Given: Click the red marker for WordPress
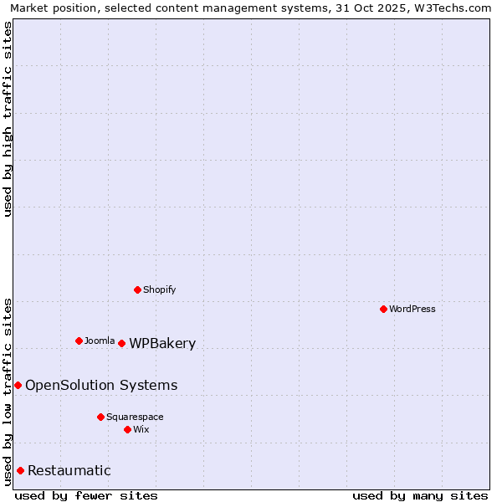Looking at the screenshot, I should [x=383, y=309].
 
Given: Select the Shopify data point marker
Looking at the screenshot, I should [x=137, y=289].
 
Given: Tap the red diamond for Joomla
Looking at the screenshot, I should [x=79, y=341].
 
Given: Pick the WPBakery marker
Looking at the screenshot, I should [x=121, y=343].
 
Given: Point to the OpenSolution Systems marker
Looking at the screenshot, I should [x=18, y=385].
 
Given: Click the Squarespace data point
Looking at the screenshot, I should [x=100, y=417].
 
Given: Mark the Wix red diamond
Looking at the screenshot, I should [x=127, y=429].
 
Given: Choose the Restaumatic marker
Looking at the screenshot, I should [x=20, y=470].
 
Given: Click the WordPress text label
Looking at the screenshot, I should [x=412, y=309].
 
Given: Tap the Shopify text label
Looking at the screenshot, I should [x=159, y=289].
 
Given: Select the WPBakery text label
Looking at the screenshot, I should [x=162, y=343].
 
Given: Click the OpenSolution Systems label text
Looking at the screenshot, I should [x=101, y=385].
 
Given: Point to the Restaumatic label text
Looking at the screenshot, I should [x=69, y=470].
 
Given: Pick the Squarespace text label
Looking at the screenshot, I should [x=135, y=417].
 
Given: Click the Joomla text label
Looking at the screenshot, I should [x=100, y=341].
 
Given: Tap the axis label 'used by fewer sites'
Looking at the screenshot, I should [x=86, y=495].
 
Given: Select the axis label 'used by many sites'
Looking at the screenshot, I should [x=420, y=495].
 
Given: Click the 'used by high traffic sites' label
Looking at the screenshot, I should [x=8, y=119].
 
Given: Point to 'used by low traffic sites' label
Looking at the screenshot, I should [x=8, y=391].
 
